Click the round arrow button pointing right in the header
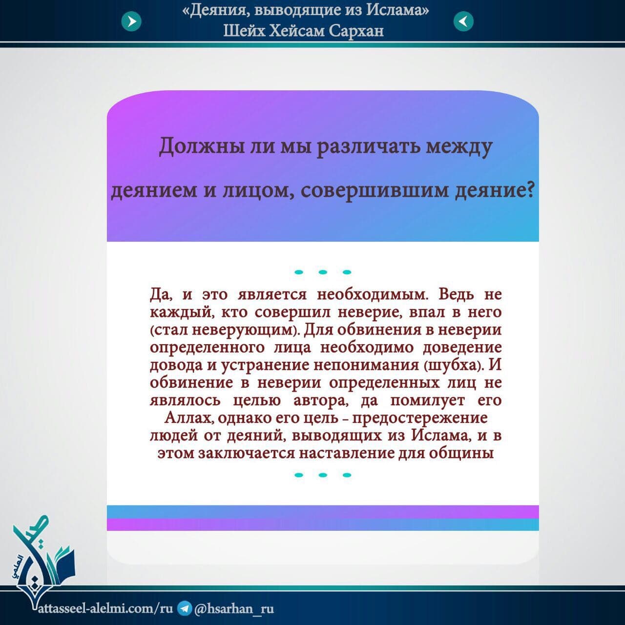[131, 21]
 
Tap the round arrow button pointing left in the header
[463, 21]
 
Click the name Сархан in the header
[356, 31]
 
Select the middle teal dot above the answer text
[323, 272]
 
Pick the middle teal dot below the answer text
[323, 475]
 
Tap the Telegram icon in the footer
[185, 608]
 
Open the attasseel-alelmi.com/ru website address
[106, 608]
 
